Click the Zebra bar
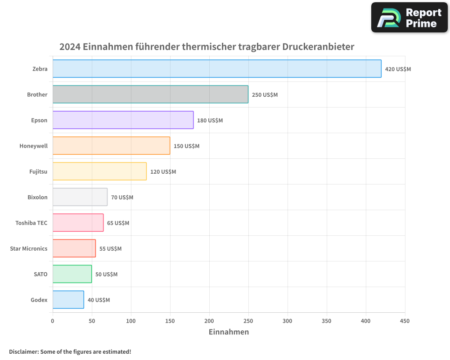tap(217, 69)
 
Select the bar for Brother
tap(150, 94)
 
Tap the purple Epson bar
tap(123, 120)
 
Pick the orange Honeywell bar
tap(111, 146)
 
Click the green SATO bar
tap(72, 274)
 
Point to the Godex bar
tap(68, 300)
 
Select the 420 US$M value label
tap(398, 69)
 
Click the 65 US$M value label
tap(118, 223)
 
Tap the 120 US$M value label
tap(163, 172)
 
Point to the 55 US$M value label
tap(110, 249)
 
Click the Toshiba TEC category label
tap(31, 223)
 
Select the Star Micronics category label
tap(28, 248)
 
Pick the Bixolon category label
tap(37, 197)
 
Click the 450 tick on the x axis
tap(405, 321)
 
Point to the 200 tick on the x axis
tap(209, 321)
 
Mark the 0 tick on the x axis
tap(53, 321)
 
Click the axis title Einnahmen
tap(229, 332)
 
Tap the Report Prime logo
tap(409, 18)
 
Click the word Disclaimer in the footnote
tap(23, 351)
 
